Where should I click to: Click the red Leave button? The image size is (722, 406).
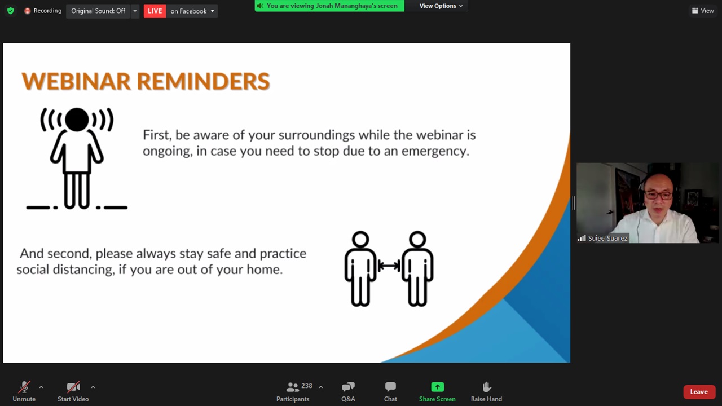coord(699,392)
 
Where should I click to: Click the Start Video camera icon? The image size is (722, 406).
coord(73,387)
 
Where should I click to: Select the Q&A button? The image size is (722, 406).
coord(348,391)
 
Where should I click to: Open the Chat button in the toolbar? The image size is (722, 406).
coord(390,391)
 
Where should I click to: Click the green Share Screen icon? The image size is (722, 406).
coord(437,387)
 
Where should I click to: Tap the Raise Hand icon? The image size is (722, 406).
coord(486,387)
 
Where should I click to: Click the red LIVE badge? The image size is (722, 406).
coord(155,11)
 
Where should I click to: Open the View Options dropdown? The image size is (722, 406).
coord(441,6)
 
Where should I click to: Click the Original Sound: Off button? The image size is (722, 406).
coord(98,11)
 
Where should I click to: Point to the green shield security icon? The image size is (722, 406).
coord(11,11)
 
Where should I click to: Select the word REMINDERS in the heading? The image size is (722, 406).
coord(204,81)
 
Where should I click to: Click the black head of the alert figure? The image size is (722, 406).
coord(77,120)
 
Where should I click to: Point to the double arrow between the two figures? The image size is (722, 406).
coord(389,266)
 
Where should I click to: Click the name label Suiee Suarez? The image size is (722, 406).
coord(607,238)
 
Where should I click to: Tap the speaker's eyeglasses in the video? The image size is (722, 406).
coord(658,195)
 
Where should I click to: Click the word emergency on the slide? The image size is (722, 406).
coord(435,151)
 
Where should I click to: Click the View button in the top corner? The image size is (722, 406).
coord(703,11)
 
